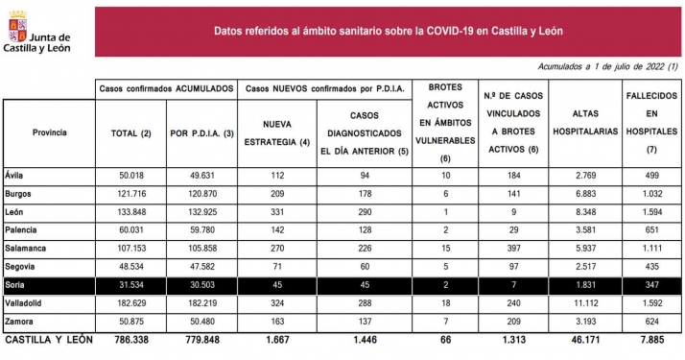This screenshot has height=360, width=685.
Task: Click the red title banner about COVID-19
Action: tap(400, 30)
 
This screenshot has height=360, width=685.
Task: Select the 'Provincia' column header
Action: tap(49, 132)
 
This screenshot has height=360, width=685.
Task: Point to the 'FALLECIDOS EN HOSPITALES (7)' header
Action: tap(651, 124)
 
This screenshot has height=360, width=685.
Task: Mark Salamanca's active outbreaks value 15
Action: tap(444, 249)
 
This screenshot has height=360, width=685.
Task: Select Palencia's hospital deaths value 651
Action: tap(651, 230)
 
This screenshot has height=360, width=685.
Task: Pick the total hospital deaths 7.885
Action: tap(651, 340)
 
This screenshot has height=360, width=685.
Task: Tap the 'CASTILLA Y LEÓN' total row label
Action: tap(50, 340)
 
